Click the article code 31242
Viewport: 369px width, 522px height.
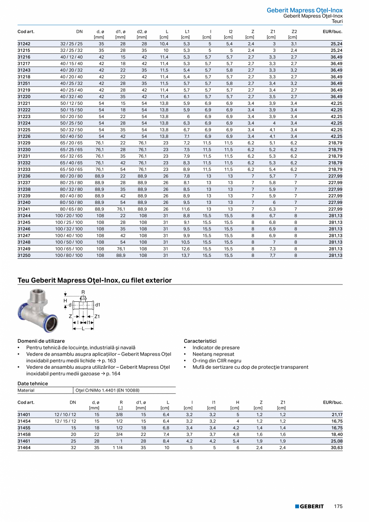[x=24, y=44]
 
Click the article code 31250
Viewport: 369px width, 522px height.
[x=24, y=255]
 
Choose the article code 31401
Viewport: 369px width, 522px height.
[x=24, y=414]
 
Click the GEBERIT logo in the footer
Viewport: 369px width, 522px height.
[x=309, y=506]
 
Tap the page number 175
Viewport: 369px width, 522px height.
[x=338, y=506]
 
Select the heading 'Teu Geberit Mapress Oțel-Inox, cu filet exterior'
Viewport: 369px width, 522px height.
[x=95, y=280]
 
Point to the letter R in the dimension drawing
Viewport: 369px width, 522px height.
[x=83, y=292]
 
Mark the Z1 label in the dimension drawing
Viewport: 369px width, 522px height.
[x=97, y=316]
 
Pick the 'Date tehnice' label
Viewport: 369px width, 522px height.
[x=32, y=384]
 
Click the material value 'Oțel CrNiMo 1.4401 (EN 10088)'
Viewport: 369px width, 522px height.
[x=107, y=390]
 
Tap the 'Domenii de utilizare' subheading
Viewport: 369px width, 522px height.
[x=41, y=341]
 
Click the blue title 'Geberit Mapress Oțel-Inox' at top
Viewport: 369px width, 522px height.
[x=304, y=10]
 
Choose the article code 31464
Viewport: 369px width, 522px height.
[x=24, y=447]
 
